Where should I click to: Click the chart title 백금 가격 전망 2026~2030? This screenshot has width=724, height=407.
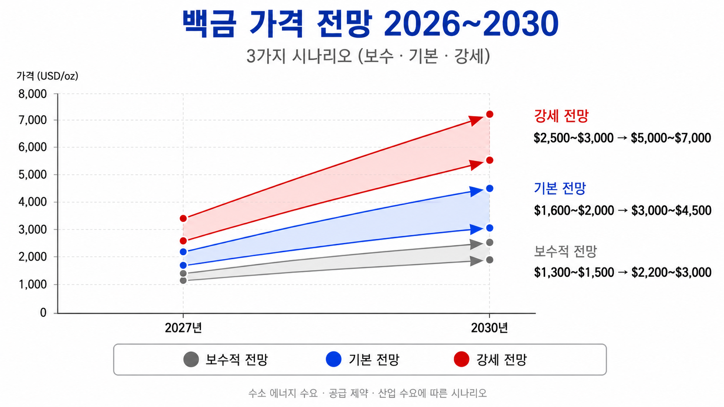pyautogui.click(x=370, y=23)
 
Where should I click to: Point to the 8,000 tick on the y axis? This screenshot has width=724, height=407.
pyautogui.click(x=32, y=94)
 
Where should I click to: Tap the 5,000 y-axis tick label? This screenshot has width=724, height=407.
pyautogui.click(x=32, y=175)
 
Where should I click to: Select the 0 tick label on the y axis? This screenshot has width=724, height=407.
pyautogui.click(x=43, y=312)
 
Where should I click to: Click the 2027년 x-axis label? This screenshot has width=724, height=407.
pyautogui.click(x=183, y=328)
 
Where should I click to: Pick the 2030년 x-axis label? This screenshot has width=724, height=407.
pyautogui.click(x=489, y=328)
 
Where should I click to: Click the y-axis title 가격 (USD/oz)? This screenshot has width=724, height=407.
pyautogui.click(x=48, y=76)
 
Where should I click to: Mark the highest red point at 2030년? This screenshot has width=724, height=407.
pyautogui.click(x=490, y=114)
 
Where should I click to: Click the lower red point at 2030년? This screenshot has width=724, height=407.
pyautogui.click(x=490, y=160)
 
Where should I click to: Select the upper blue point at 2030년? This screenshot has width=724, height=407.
pyautogui.click(x=490, y=189)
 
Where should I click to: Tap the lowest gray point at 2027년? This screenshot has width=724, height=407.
pyautogui.click(x=183, y=280)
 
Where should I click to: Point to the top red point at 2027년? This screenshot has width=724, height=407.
pyautogui.click(x=183, y=218)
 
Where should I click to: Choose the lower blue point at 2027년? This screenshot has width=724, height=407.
pyautogui.click(x=183, y=265)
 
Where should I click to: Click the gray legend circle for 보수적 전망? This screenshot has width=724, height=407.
pyautogui.click(x=191, y=359)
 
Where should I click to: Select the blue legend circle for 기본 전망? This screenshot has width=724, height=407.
pyautogui.click(x=333, y=359)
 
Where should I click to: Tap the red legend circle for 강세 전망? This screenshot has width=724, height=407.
pyautogui.click(x=462, y=359)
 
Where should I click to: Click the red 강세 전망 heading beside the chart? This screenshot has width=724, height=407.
pyautogui.click(x=561, y=115)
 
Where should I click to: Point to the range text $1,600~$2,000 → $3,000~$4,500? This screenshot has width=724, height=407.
pyautogui.click(x=623, y=211)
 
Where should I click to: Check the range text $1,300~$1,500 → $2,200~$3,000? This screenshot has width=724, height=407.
pyautogui.click(x=623, y=272)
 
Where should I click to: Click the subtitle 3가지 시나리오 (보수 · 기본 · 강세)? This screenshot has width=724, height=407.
pyautogui.click(x=368, y=57)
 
